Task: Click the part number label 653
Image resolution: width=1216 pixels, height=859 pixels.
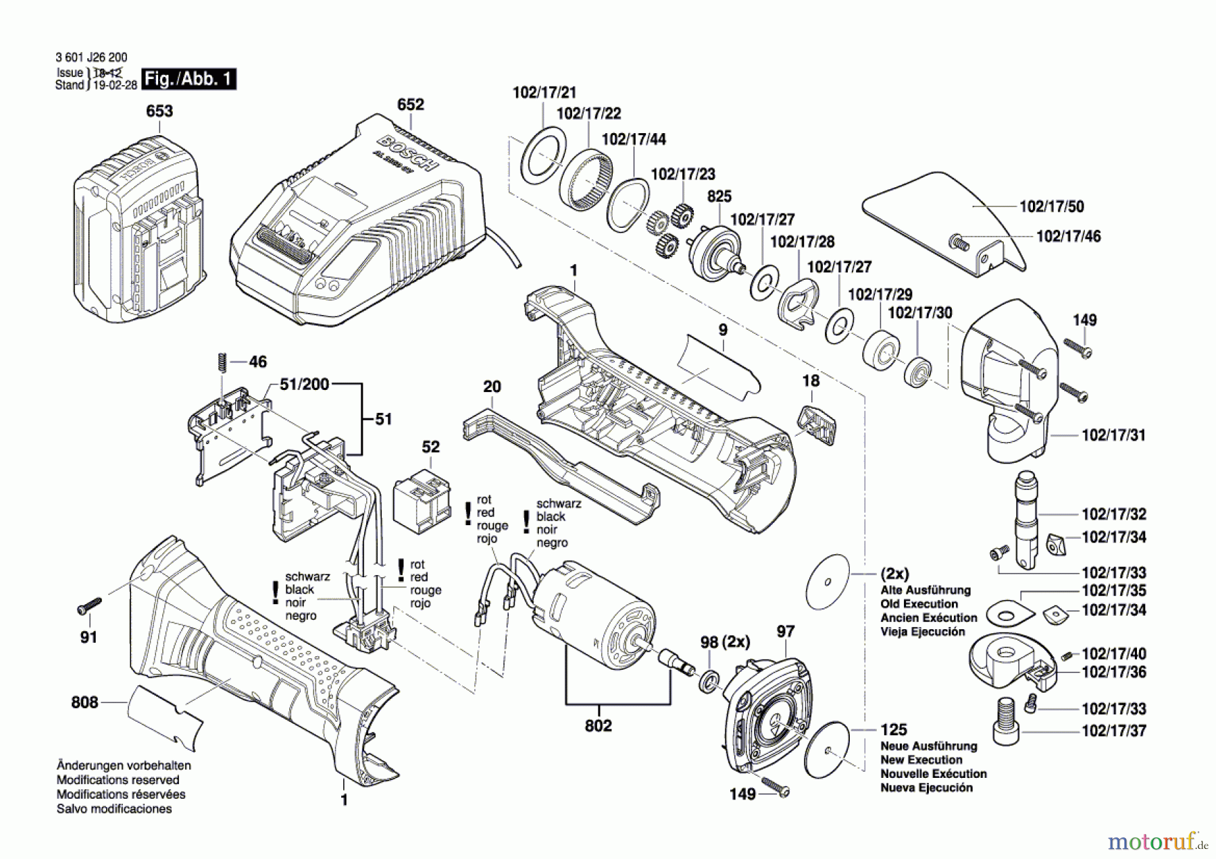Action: [159, 111]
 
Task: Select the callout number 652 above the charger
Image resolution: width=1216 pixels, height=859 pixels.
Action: [410, 105]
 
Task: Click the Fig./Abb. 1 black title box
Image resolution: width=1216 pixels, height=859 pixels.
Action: [189, 79]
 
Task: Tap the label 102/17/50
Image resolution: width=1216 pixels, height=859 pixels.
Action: [1051, 207]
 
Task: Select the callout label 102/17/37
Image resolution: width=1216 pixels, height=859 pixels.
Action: [1114, 731]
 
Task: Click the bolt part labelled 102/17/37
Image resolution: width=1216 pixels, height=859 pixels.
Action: [1007, 722]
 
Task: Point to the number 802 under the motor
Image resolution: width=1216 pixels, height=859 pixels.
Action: [598, 726]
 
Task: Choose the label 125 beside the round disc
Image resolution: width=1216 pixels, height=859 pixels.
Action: [893, 730]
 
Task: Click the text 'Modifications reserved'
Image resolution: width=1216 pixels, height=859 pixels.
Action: [118, 780]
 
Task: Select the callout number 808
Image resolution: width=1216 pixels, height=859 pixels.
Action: [84, 703]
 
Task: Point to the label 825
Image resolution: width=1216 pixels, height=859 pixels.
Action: [719, 197]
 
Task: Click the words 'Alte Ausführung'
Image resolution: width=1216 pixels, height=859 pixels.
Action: [925, 590]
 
